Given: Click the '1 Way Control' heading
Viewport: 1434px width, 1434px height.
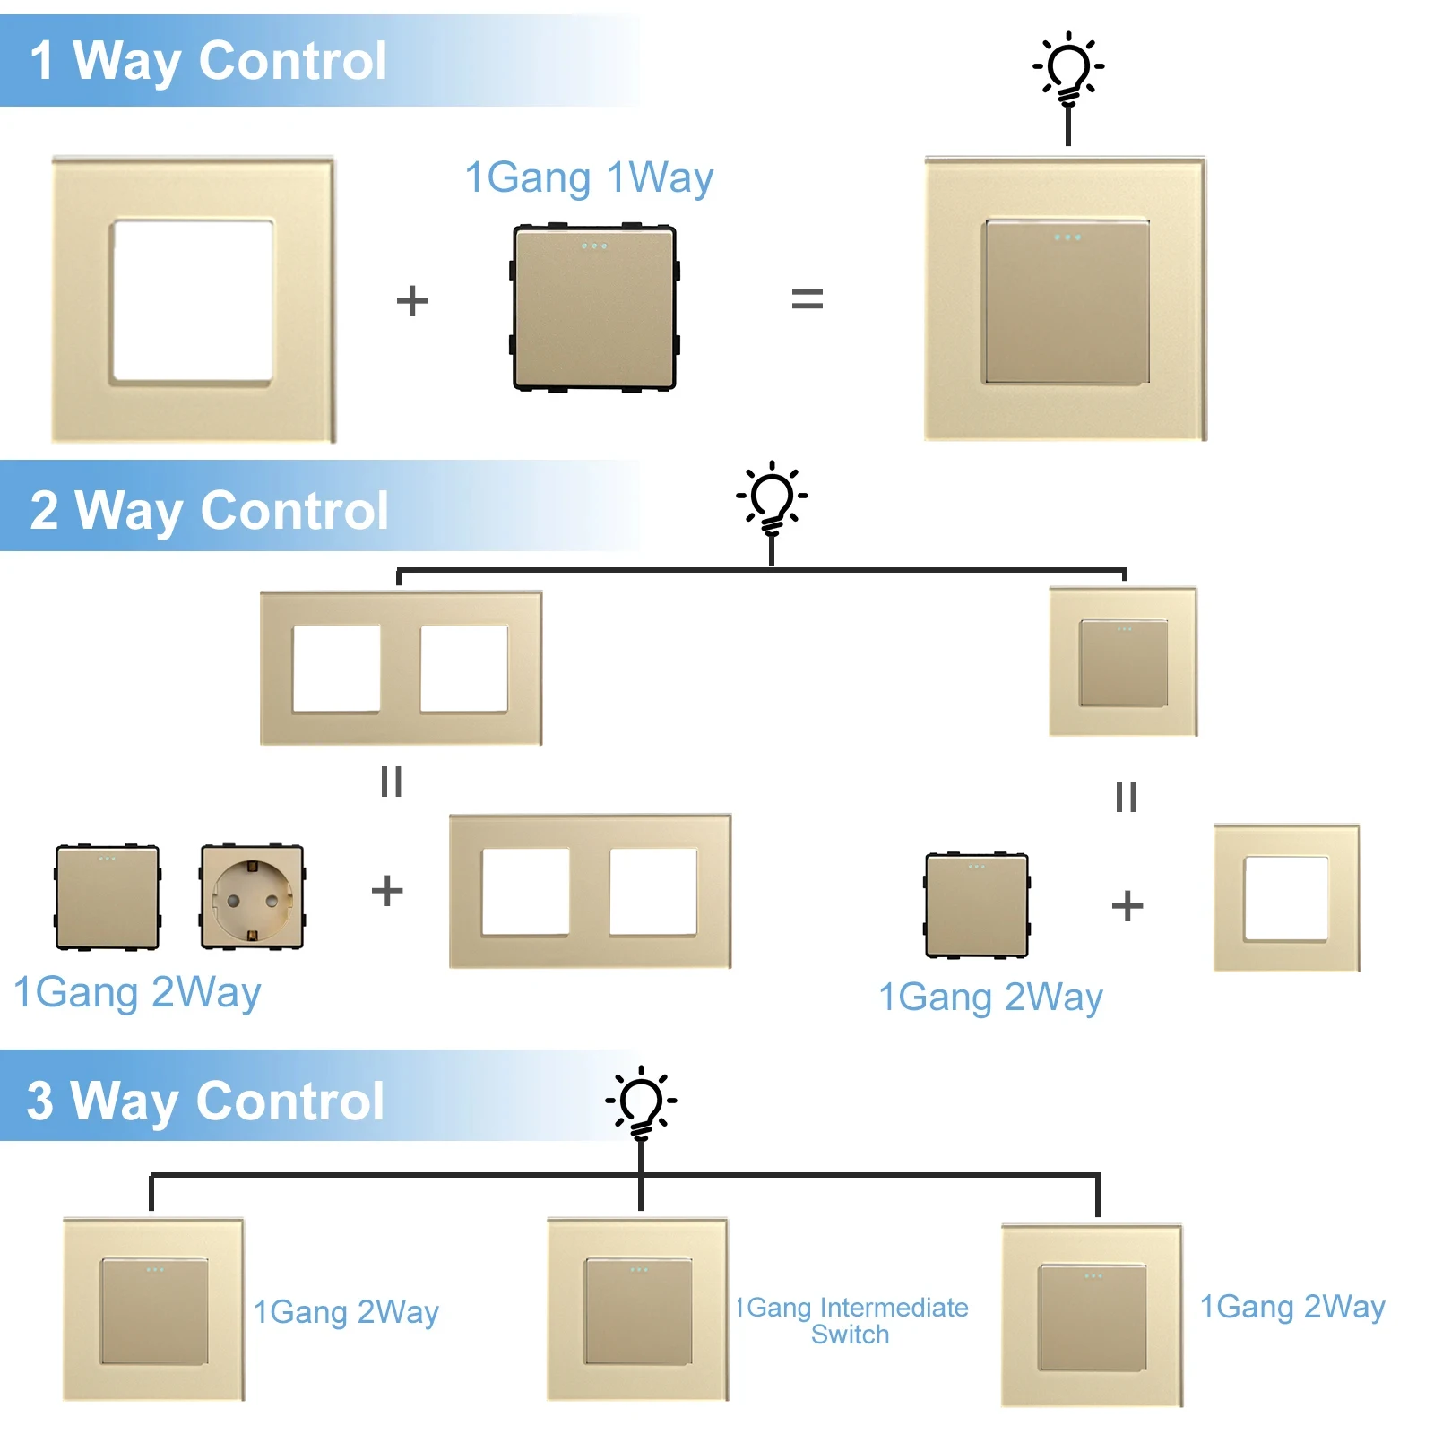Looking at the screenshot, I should point(208,61).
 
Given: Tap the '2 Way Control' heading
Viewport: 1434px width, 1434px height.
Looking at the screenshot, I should point(209,510).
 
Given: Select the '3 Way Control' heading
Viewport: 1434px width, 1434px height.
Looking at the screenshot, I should point(205,1100).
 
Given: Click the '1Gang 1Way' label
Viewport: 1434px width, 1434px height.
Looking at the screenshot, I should point(589,177).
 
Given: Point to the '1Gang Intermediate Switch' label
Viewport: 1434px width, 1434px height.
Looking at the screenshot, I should point(851,1320).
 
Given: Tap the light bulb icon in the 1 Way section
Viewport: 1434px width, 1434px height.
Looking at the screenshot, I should point(1067,68).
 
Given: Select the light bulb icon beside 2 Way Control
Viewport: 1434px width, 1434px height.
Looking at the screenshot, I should point(772,498).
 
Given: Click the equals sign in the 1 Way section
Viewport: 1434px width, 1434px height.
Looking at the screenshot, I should point(807,299).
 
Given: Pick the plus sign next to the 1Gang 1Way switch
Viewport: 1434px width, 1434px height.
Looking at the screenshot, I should point(412,300).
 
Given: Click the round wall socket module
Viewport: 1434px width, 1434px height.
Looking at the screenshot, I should point(252,896).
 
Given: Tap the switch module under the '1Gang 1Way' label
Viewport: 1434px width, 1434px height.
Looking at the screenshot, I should point(594,307).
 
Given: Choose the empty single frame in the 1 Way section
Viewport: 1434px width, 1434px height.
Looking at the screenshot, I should point(194,299).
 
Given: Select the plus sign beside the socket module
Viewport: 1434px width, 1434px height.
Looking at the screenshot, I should point(387,891).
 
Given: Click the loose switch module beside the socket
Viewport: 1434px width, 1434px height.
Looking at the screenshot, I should point(108,896).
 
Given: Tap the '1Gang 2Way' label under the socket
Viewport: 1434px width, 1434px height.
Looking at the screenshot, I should point(137,993).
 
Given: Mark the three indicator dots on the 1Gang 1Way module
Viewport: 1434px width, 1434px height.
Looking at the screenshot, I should point(594,246).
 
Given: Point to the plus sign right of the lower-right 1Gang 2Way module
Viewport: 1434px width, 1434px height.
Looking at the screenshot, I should point(1127,905).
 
